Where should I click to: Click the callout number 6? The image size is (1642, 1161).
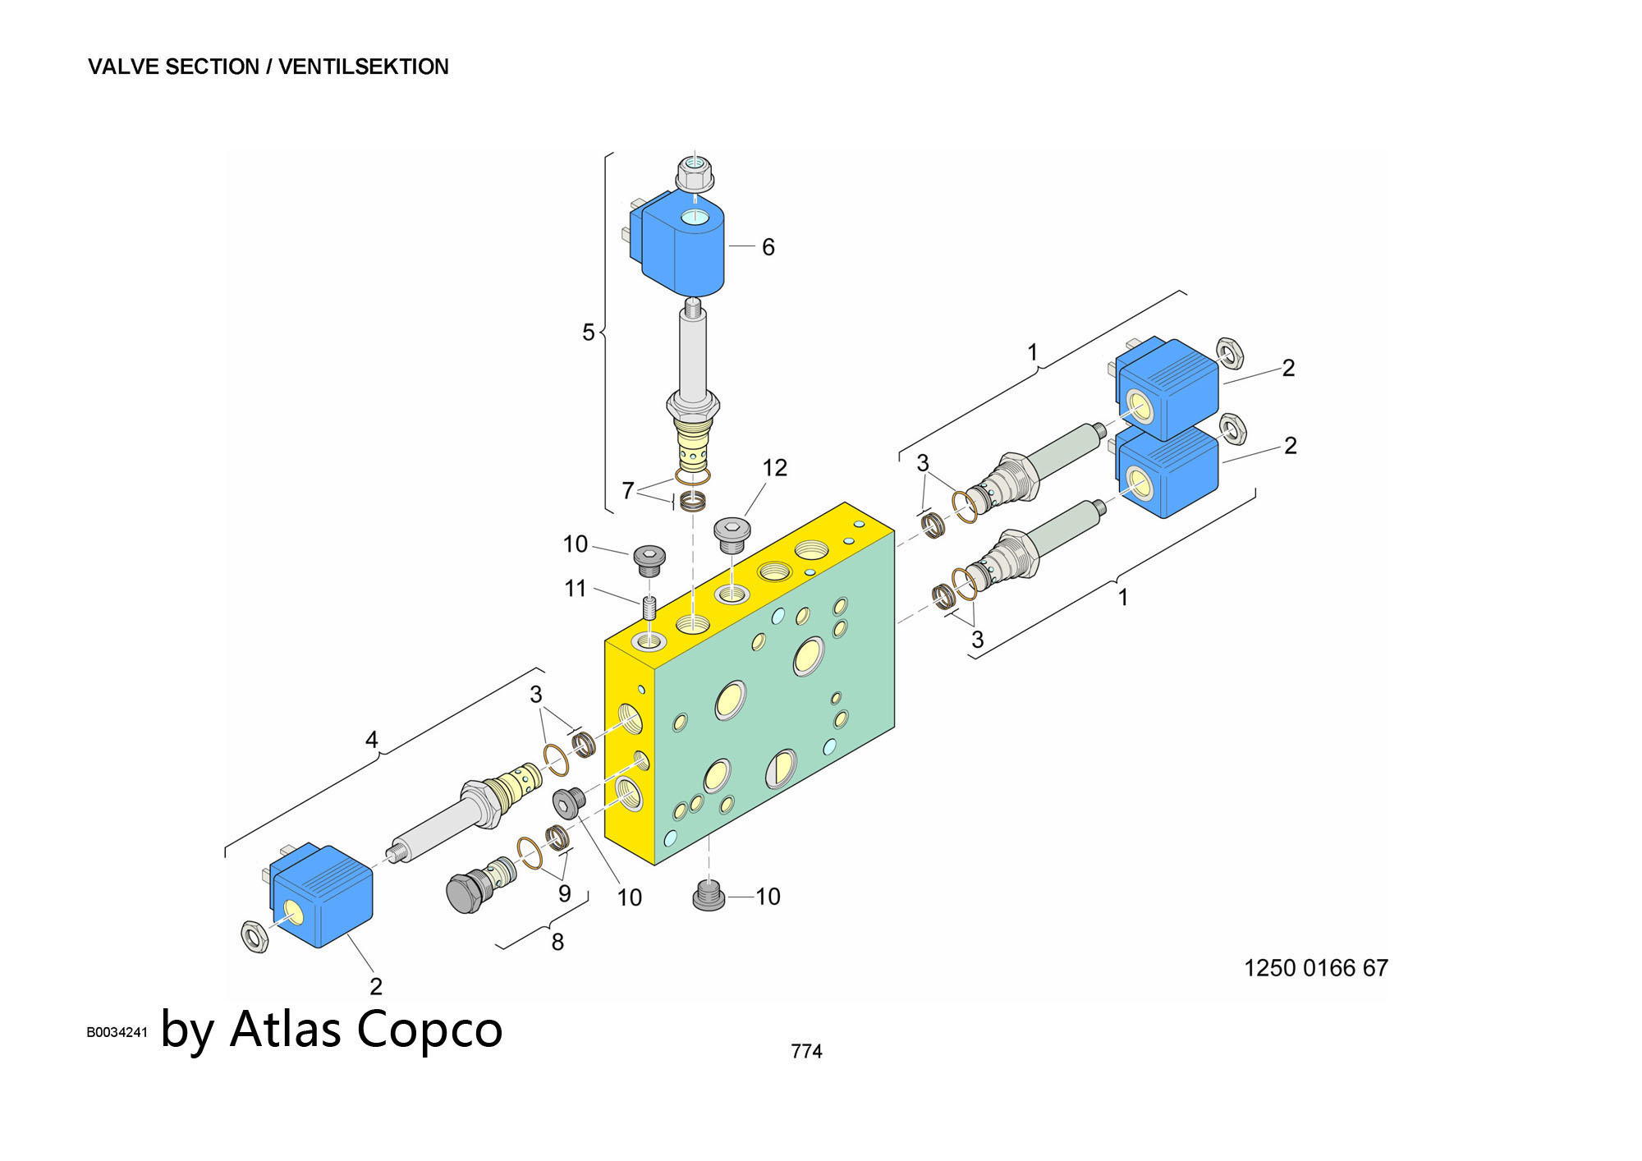coord(768,247)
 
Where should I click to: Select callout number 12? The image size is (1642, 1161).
coord(774,468)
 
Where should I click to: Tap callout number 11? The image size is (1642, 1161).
coord(575,589)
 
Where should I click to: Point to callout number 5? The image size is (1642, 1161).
coord(588,333)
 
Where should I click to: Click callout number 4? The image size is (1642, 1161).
coord(371,740)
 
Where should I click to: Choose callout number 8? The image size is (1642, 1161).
coord(557,942)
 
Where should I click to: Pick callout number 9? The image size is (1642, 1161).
coord(564,893)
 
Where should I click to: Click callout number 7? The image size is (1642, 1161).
coord(627,490)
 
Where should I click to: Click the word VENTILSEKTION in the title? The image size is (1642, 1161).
coord(363,67)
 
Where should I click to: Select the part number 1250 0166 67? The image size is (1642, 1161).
coord(1315,968)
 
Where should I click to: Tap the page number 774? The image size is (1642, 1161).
coord(806,1051)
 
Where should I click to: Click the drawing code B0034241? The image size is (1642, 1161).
coord(117,1032)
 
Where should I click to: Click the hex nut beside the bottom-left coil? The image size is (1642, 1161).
coord(255,935)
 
